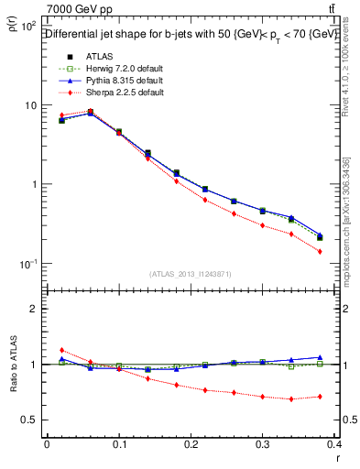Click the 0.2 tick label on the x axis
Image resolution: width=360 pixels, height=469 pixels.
click(x=191, y=445)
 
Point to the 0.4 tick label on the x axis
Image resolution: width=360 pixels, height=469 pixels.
click(x=335, y=445)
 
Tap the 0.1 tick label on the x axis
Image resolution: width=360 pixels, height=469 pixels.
click(x=118, y=445)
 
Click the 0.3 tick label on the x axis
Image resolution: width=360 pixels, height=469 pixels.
click(x=263, y=445)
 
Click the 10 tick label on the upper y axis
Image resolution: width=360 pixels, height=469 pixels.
click(x=31, y=105)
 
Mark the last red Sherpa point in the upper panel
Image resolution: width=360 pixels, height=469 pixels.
click(x=320, y=251)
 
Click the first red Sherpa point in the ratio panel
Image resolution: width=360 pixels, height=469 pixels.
click(x=61, y=350)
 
